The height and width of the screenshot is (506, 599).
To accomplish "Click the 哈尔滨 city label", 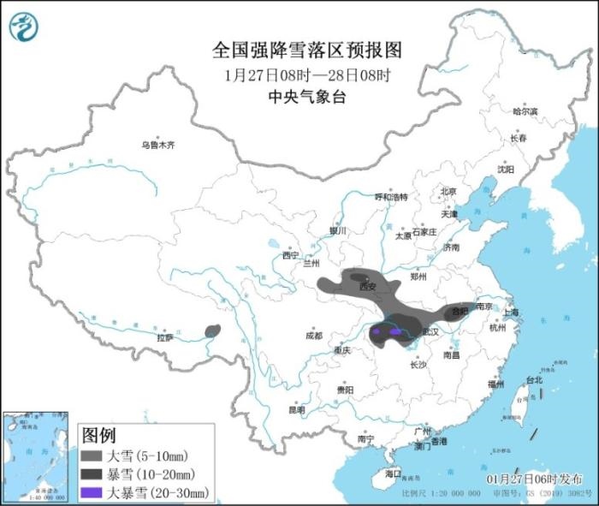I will (525, 111).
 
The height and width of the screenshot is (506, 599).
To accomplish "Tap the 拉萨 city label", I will (165, 337).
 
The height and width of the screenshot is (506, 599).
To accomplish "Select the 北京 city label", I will (448, 191).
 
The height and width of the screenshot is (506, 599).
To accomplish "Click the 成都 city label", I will (313, 336).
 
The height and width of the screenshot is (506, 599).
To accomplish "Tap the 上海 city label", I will (513, 313).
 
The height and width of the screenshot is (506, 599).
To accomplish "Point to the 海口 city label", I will (393, 473).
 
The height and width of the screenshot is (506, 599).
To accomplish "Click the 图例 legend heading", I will (98, 435).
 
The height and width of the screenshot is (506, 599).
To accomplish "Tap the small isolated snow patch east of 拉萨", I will (212, 330).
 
